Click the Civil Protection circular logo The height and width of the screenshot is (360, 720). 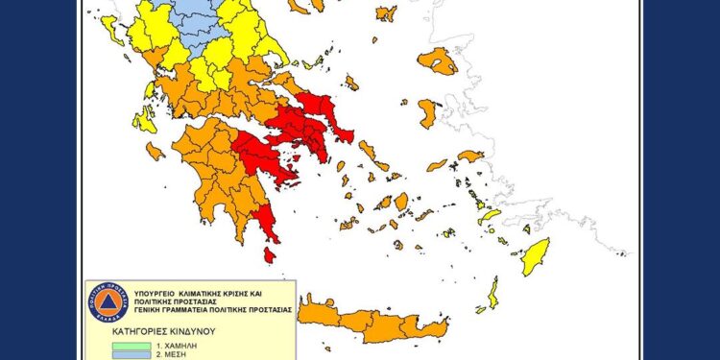(108, 301)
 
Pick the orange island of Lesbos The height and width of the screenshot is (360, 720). (438, 61)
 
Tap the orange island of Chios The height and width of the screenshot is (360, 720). (428, 113)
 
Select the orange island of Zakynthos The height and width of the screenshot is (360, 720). (156, 151)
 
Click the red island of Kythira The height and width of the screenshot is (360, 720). (270, 255)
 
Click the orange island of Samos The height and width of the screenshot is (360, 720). (470, 156)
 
